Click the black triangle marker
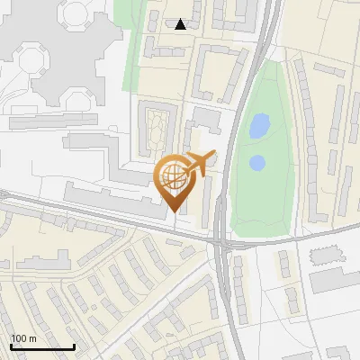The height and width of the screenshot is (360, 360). pyautogui.click(x=181, y=24)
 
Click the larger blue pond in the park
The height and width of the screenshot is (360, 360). pyautogui.click(x=258, y=125)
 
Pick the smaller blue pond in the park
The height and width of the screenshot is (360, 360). pyautogui.click(x=256, y=163)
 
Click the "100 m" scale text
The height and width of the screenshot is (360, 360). pyautogui.click(x=23, y=337)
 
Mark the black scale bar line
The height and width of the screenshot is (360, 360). pyautogui.click(x=42, y=347)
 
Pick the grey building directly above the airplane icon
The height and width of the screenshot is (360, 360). pyautogui.click(x=206, y=118)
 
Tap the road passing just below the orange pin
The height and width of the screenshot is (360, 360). pyautogui.click(x=162, y=225)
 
